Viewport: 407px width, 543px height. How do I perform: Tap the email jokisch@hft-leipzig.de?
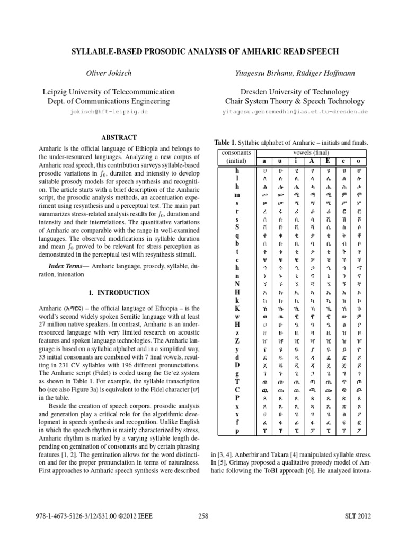108,112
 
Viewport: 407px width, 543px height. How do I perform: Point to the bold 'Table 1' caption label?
224,143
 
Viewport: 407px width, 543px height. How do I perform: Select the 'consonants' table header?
237,153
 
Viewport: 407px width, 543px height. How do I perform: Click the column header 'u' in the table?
280,161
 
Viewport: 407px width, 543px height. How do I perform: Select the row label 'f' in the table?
237,423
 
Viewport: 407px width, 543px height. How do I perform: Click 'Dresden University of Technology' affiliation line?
295,92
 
